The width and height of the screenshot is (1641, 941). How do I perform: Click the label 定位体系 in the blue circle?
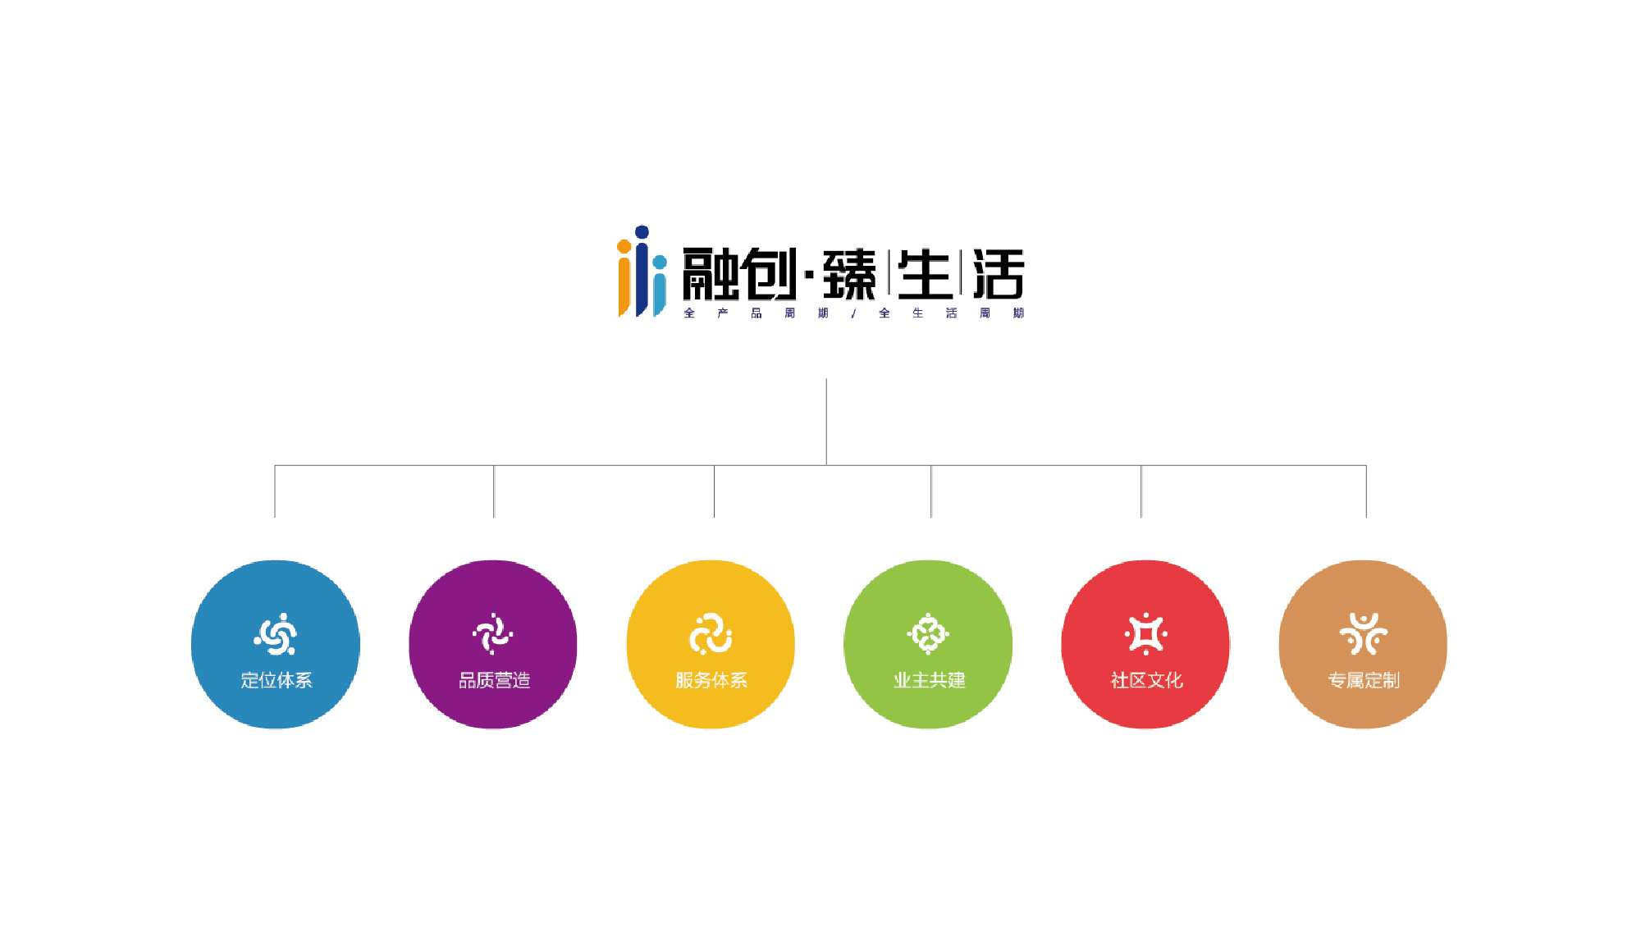(277, 680)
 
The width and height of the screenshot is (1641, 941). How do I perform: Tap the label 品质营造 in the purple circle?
(494, 680)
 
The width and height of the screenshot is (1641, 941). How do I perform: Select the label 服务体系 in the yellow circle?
(711, 680)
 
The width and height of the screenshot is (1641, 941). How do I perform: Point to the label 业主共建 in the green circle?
(929, 680)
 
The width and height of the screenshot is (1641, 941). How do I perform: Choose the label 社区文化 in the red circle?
(1146, 680)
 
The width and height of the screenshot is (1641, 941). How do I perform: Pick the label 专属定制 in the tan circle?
(1364, 680)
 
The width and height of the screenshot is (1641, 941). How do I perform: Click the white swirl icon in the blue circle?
(276, 634)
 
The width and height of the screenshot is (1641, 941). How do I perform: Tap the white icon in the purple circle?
(493, 634)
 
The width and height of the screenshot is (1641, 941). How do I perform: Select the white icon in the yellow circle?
(711, 634)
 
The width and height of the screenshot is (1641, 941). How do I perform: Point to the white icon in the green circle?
(928, 634)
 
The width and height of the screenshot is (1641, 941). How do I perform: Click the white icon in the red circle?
(1146, 634)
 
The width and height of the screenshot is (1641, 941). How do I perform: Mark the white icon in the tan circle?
(1364, 634)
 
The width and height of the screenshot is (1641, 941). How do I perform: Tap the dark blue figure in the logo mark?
(642, 271)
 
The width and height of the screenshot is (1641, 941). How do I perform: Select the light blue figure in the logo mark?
(660, 285)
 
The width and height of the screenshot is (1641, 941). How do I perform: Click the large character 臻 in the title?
(849, 275)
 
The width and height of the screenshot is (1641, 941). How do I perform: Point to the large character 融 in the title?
(710, 275)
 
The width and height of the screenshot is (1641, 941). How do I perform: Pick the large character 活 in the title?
(999, 275)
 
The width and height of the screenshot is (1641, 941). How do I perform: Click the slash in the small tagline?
(854, 313)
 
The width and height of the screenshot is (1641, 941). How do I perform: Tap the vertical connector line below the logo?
(826, 422)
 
